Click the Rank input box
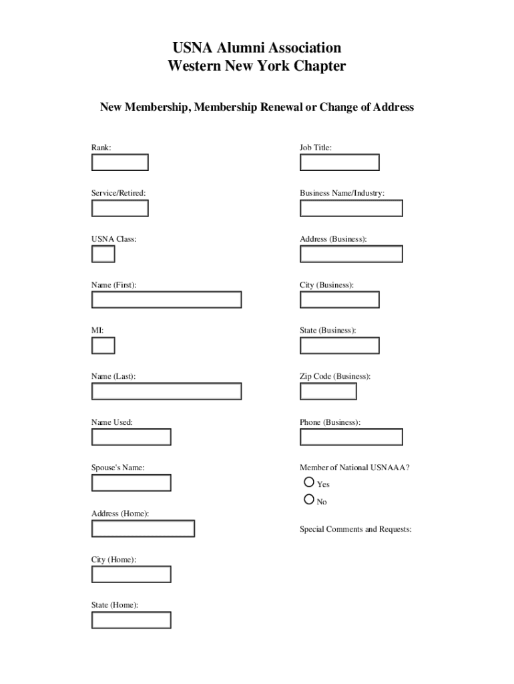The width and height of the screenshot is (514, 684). (119, 162)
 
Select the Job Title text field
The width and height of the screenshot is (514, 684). (339, 162)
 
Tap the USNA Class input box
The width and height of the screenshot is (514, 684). (103, 254)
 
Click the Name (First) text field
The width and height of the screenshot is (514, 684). (166, 300)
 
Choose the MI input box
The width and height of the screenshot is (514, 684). (103, 345)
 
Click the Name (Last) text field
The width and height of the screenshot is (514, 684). (166, 391)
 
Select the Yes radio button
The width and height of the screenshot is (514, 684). (308, 482)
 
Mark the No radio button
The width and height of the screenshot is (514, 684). (308, 499)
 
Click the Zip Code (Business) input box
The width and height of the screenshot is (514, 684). (328, 391)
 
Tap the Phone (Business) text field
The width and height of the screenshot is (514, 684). (351, 437)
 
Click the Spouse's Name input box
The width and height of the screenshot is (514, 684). (131, 482)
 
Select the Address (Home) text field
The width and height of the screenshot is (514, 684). (143, 528)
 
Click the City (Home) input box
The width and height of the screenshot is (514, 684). (131, 574)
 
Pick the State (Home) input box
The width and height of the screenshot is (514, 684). (131, 620)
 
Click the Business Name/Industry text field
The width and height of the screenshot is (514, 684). (351, 208)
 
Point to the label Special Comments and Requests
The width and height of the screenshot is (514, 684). (355, 530)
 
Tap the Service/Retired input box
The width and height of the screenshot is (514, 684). (119, 208)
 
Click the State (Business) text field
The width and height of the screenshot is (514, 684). (339, 345)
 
